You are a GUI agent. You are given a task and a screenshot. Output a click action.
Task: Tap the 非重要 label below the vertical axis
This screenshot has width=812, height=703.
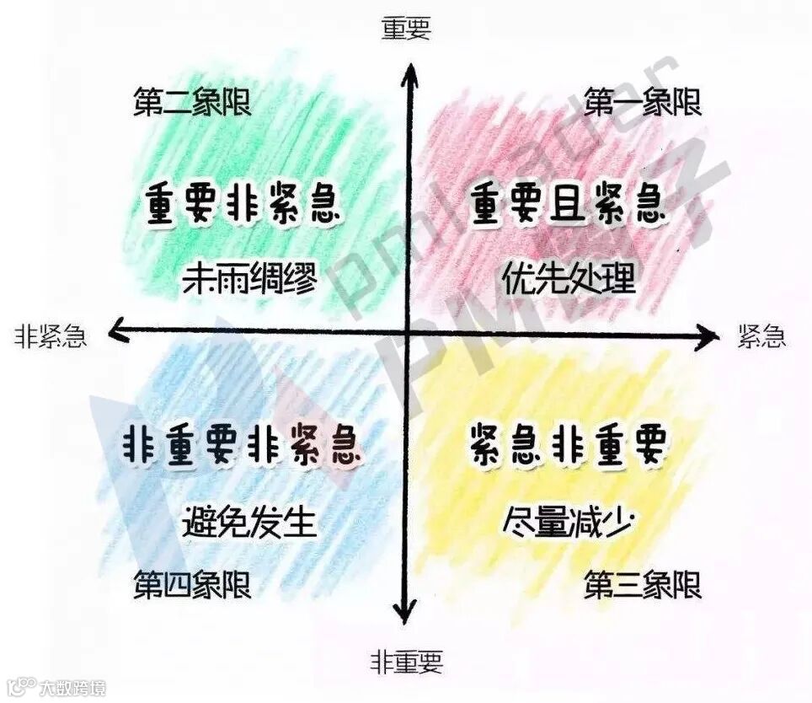(x=406, y=663)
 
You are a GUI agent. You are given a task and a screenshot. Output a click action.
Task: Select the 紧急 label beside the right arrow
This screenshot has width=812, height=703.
(x=761, y=337)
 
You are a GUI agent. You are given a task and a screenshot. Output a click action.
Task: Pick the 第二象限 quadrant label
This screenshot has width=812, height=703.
(x=193, y=104)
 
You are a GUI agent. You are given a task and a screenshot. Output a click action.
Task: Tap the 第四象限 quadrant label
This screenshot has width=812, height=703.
(x=193, y=584)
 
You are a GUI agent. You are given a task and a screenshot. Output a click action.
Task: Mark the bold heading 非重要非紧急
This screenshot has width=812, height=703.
(x=243, y=445)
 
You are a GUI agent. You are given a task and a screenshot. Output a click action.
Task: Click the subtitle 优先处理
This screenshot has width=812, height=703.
(x=569, y=277)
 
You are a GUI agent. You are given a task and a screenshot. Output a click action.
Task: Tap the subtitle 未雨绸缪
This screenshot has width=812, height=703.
(x=249, y=279)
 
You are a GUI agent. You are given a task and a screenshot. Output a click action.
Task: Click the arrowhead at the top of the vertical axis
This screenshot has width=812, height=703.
(x=410, y=74)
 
